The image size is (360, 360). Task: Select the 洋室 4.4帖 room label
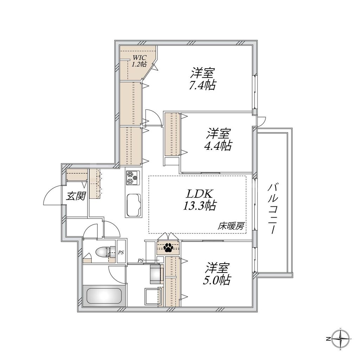click(x=218, y=140)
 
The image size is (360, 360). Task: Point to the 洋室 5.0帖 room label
click(x=218, y=274)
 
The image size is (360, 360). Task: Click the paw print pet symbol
click(x=168, y=248)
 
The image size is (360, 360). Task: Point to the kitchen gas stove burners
click(x=132, y=178)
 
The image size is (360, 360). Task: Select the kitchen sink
click(x=133, y=205)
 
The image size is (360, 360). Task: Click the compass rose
click(x=341, y=339)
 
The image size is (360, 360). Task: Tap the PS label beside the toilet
click(x=121, y=252)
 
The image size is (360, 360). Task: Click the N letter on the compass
click(x=327, y=339)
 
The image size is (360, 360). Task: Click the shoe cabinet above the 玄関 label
click(x=77, y=175)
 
